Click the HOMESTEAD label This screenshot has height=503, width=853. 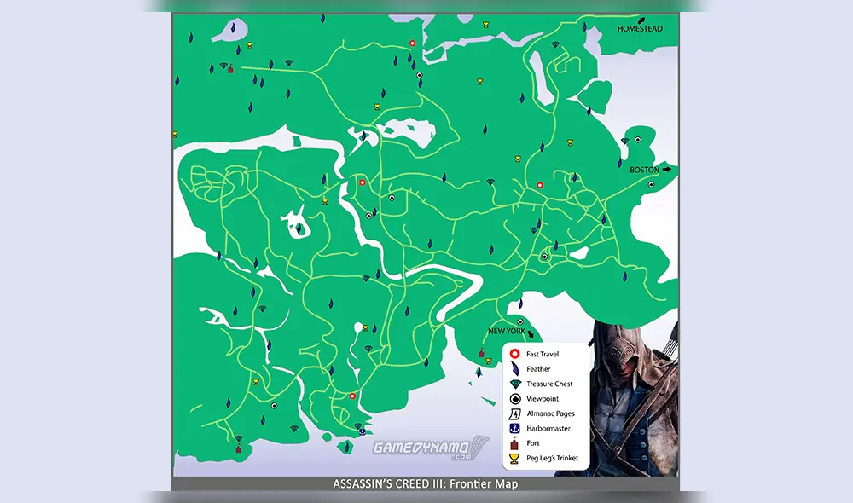click(639, 29)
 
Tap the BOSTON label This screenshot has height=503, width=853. click(644, 170)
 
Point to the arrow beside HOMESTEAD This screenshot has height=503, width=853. click(653, 19)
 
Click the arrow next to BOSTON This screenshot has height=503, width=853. click(667, 170)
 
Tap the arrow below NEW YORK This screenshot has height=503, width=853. click(531, 335)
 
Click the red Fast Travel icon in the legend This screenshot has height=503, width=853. click(514, 354)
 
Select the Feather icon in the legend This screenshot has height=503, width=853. click(514, 369)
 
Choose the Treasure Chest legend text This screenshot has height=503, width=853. click(549, 384)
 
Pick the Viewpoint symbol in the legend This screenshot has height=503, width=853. click(514, 398)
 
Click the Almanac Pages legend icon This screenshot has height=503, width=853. click(514, 413)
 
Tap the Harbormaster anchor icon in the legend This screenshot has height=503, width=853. click(514, 428)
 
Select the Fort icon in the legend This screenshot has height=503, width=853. click(514, 443)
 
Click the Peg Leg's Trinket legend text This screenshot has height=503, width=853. click(552, 458)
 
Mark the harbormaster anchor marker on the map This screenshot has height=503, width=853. click(359, 426)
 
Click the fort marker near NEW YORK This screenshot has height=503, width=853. click(481, 353)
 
